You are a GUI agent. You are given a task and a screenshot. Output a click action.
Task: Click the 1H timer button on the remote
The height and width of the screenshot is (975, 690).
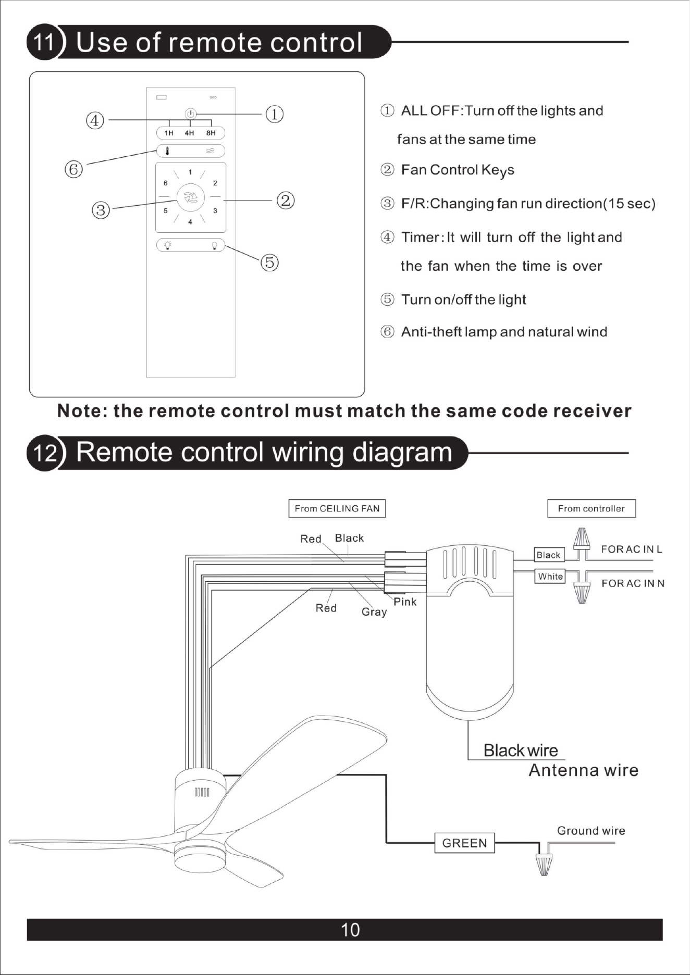pos(169,133)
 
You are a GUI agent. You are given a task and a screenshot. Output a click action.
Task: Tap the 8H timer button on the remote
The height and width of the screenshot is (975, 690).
pos(211,133)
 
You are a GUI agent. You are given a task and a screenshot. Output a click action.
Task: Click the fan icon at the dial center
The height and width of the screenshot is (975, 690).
pos(190,197)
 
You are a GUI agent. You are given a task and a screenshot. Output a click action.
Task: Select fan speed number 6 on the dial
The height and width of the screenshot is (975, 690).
pos(166,183)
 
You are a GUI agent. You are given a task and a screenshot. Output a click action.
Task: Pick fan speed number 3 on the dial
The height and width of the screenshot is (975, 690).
pos(215,211)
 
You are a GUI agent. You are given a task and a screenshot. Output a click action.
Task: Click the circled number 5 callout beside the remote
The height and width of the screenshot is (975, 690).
pos(269,262)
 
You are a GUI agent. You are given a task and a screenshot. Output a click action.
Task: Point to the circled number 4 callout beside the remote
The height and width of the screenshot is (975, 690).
pos(95,121)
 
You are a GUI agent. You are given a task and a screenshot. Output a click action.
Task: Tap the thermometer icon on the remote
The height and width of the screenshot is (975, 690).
pos(167,151)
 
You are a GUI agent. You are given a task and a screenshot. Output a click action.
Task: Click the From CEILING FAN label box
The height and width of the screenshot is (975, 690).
pos(337,508)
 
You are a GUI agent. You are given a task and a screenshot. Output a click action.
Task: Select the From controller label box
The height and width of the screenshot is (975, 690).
pos(592,508)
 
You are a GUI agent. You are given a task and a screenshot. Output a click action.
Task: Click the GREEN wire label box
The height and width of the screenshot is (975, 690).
pos(464,843)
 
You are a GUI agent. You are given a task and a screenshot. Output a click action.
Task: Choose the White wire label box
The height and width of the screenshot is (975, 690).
pos(550,577)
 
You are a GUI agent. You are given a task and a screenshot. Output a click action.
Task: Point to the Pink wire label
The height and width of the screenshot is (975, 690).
pos(405,602)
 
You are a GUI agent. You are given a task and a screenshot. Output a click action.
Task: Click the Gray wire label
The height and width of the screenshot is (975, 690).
pos(374,612)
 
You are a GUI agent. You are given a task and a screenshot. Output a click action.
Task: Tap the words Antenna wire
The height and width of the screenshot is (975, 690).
pos(584,770)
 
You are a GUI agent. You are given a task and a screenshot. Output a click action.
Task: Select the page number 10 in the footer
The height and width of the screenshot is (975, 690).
pos(350,930)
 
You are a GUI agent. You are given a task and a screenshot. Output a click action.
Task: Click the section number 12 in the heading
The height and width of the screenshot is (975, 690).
pos(45,453)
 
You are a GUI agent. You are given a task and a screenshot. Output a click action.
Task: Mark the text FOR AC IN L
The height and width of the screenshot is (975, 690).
pos(632,549)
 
